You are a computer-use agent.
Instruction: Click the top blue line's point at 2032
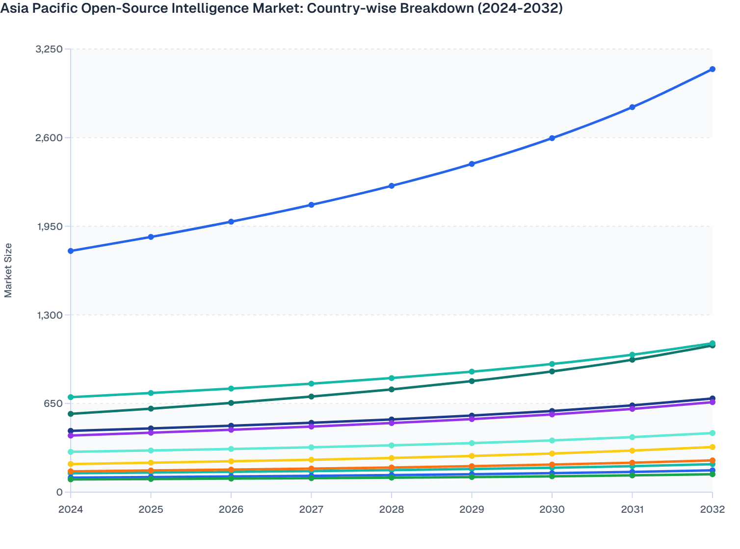[712, 69]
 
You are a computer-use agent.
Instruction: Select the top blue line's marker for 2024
[71, 251]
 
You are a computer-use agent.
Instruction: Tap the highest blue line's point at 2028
[392, 186]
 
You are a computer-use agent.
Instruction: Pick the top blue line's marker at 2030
[552, 138]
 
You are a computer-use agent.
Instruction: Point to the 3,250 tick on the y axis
[49, 49]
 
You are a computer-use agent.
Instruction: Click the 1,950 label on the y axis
[49, 226]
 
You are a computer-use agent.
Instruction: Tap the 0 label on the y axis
[59, 492]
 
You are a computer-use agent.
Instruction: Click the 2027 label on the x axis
[311, 509]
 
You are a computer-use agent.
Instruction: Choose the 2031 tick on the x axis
[632, 509]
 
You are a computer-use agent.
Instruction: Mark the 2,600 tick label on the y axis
[49, 138]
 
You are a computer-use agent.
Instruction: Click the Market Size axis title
[8, 271]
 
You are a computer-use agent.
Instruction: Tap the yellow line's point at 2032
[712, 447]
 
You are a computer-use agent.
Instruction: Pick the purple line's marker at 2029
[472, 419]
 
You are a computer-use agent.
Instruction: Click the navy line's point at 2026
[231, 426]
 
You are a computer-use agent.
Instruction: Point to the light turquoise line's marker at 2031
[632, 437]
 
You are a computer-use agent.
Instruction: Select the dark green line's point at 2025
[151, 409]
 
